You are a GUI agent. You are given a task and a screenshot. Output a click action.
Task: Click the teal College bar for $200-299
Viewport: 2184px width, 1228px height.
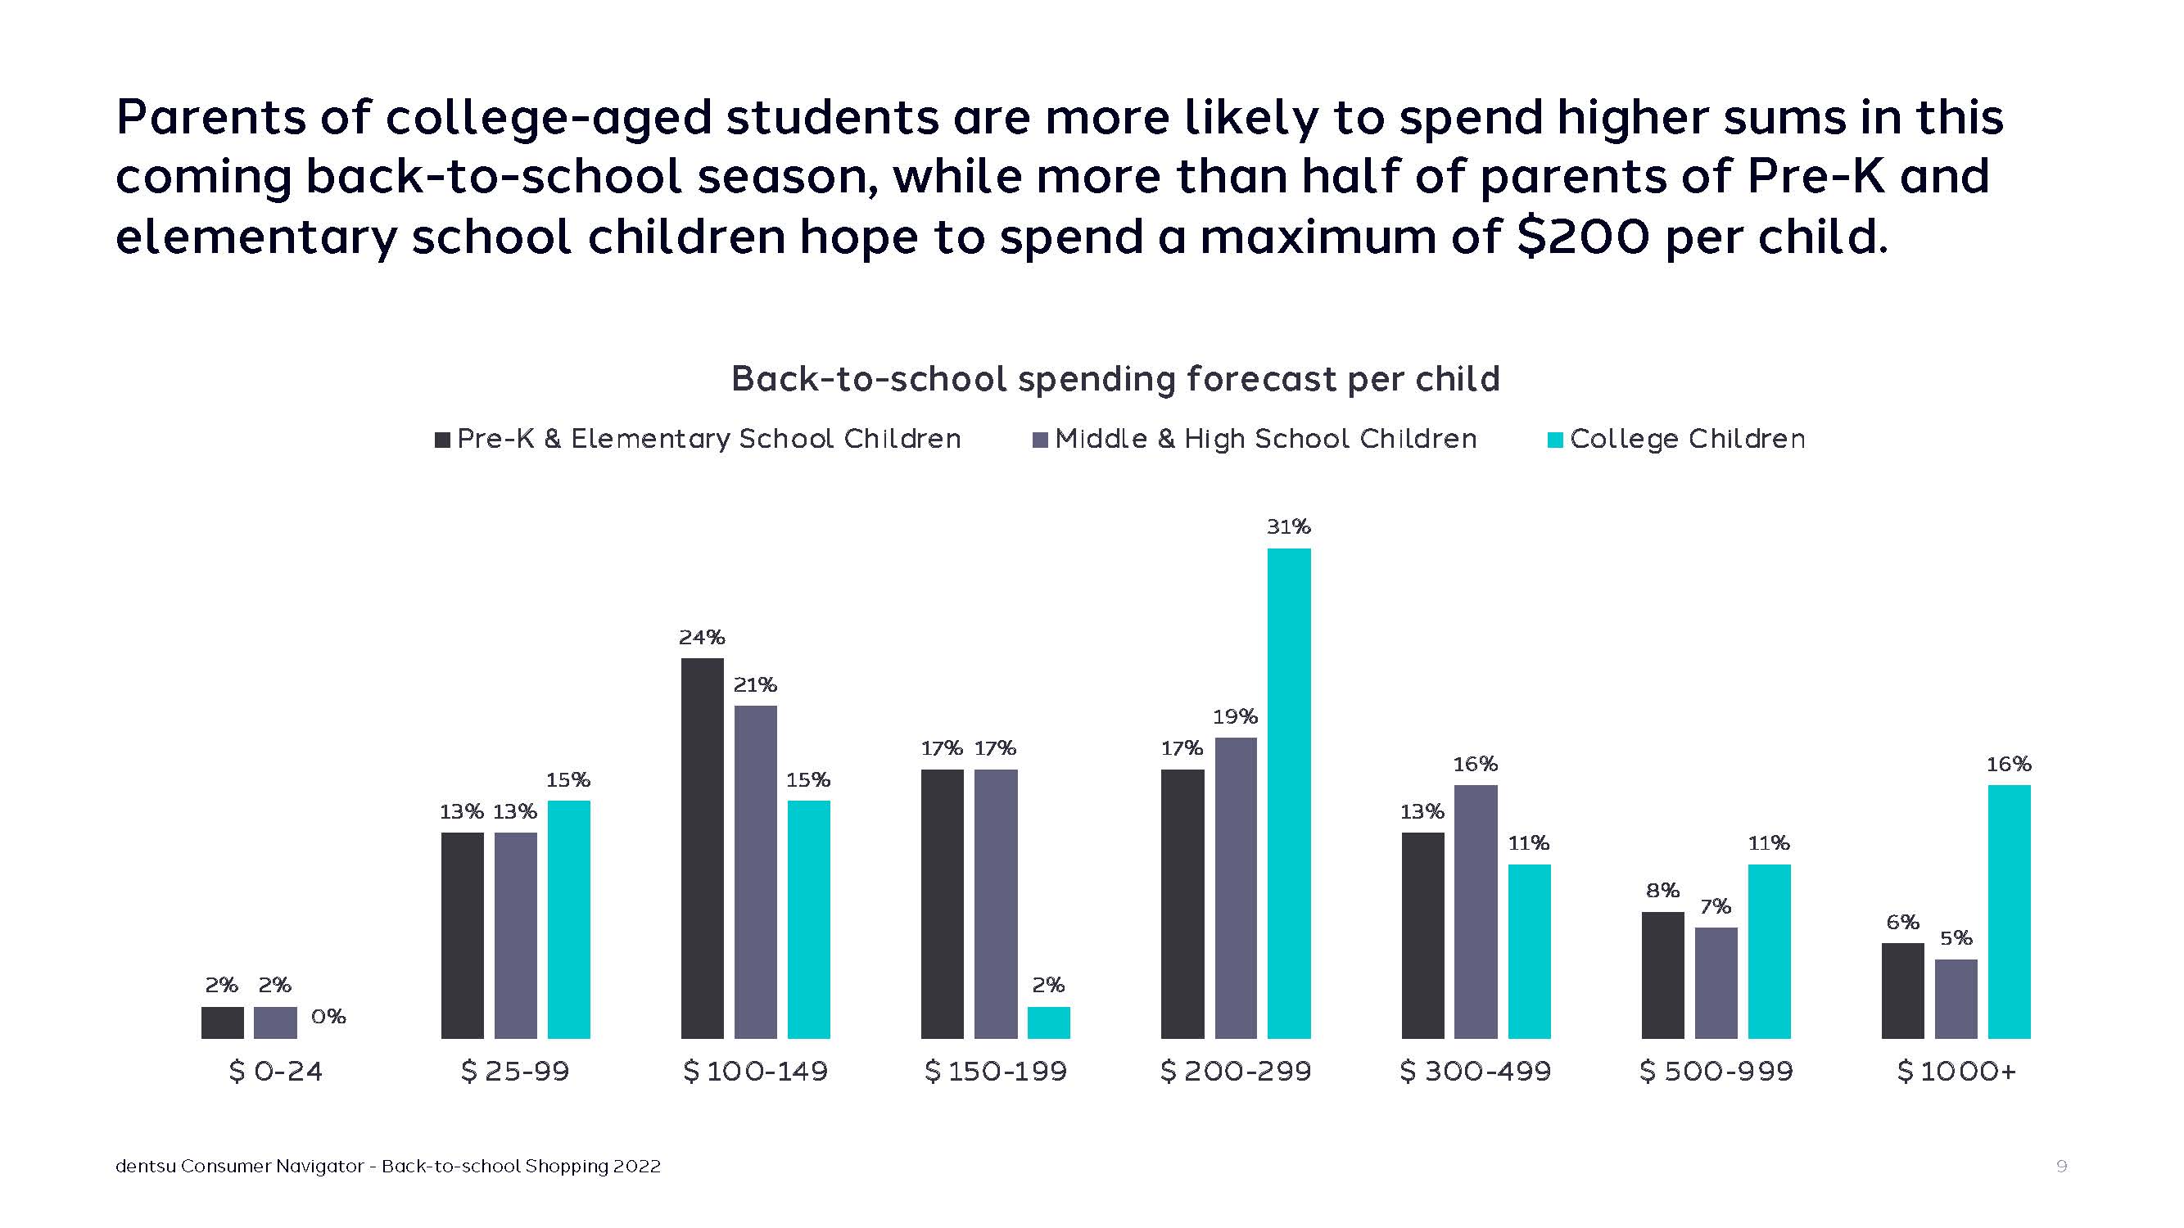click(1289, 792)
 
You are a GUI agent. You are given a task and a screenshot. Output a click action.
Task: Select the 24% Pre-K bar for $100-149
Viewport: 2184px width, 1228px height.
click(702, 847)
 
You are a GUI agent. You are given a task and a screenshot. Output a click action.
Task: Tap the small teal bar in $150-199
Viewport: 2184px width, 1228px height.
click(1049, 1022)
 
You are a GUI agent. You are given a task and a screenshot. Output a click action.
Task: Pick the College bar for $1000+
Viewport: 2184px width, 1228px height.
click(2010, 911)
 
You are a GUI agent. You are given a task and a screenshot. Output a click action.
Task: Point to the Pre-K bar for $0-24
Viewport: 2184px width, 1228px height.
click(222, 1022)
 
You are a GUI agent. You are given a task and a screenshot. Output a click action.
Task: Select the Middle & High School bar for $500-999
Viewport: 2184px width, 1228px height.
click(1716, 982)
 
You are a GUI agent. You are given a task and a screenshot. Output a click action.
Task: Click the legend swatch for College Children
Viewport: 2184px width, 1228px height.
click(1555, 440)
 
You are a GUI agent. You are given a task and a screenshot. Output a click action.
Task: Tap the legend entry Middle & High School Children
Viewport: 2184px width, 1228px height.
click(1265, 439)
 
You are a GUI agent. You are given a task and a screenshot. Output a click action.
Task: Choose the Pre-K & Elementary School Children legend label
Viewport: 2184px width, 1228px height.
click(709, 439)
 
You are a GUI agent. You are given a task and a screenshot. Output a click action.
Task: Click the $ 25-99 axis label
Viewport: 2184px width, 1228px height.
click(514, 1071)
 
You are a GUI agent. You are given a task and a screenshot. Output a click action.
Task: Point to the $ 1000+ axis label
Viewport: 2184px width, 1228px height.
click(1956, 1071)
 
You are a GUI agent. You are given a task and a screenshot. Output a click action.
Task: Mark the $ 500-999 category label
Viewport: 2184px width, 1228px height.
click(1716, 1071)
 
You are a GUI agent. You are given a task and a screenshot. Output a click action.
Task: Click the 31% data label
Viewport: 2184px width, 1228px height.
click(1289, 527)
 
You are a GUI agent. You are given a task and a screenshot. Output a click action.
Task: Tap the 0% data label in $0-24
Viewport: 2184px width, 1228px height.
click(329, 1016)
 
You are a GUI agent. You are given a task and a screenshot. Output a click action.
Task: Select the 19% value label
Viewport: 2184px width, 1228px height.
click(1235, 717)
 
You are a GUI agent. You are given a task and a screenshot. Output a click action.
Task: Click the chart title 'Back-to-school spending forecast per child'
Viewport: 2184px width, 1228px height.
click(1115, 379)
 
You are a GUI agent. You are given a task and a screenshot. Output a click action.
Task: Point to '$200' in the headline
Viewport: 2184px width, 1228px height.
click(1582, 237)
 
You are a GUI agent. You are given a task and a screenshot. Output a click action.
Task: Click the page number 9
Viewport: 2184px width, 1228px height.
click(2062, 1166)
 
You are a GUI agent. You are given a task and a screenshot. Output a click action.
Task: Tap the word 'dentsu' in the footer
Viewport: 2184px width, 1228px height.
click(145, 1166)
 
